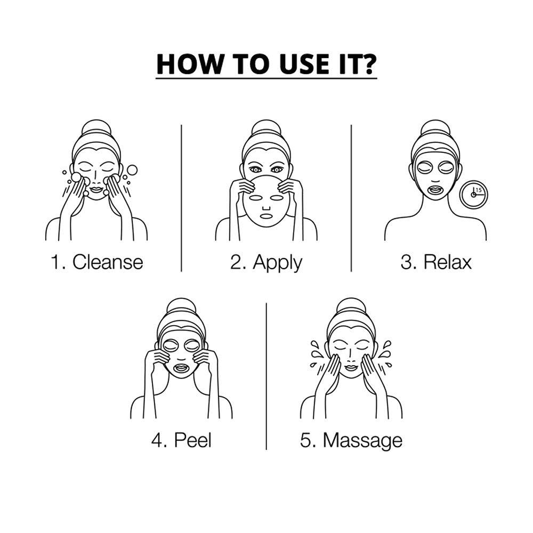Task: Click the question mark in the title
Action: coord(368,63)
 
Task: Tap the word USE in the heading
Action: coord(298,64)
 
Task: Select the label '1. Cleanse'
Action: coord(97,262)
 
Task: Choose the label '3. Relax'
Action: coord(436,262)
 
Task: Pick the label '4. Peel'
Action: coord(182,440)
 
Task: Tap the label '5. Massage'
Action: coord(351,441)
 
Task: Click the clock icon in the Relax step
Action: coord(473,195)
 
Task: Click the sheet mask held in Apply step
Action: coord(266,200)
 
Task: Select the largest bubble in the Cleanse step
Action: coord(132,170)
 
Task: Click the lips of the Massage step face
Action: coord(351,368)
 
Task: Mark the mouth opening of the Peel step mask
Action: coord(182,368)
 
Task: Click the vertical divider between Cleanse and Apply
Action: coord(181,198)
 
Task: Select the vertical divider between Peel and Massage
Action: coord(266,376)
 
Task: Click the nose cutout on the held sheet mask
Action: coord(266,208)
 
